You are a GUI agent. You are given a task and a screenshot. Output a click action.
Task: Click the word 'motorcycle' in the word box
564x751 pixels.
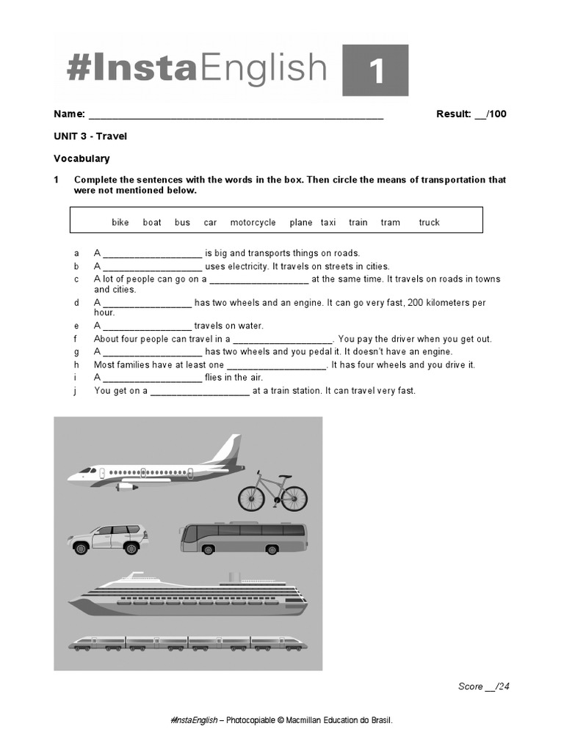tap(253, 222)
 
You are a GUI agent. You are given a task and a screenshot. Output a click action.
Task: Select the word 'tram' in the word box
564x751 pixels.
tap(390, 222)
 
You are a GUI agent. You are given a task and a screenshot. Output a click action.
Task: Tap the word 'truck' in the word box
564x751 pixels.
tap(429, 222)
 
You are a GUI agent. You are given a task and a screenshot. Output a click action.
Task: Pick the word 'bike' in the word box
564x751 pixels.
tap(120, 222)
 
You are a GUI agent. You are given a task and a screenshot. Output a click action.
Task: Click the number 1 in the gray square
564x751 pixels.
tap(375, 71)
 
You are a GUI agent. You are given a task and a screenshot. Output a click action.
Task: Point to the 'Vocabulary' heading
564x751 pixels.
tap(82, 158)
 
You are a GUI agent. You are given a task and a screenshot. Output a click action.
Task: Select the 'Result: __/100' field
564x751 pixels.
tap(471, 114)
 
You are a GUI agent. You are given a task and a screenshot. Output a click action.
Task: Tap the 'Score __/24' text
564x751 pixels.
tap(483, 686)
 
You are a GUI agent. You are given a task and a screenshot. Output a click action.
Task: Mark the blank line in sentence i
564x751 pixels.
tap(152, 378)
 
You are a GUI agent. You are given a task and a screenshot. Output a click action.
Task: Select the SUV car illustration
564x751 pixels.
tap(107, 540)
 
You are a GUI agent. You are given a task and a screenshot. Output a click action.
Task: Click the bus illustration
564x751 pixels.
tap(244, 538)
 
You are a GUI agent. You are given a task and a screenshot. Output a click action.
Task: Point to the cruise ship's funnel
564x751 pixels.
tap(234, 577)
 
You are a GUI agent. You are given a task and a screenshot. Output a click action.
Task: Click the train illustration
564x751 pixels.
tap(187, 643)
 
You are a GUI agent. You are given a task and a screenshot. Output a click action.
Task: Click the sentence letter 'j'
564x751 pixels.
tap(75, 391)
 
